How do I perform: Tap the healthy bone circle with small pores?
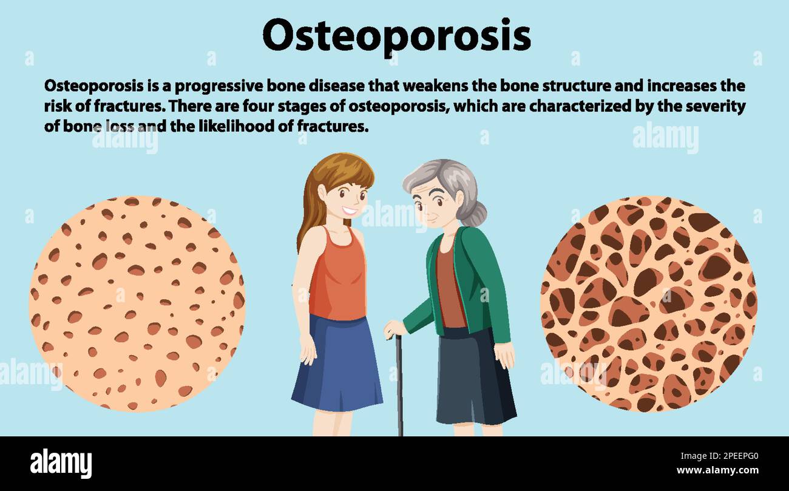[137, 303]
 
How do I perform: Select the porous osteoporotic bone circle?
[648, 303]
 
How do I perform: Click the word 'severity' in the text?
[715, 106]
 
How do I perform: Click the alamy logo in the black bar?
[61, 463]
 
